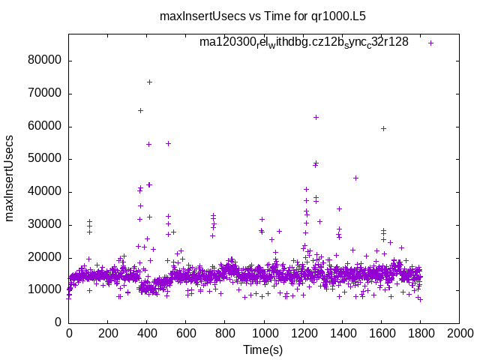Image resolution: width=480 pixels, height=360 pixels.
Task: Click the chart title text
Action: tap(262, 15)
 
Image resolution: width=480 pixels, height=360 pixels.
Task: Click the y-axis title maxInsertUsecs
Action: tap(10, 178)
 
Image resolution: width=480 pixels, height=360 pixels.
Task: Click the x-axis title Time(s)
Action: tap(263, 349)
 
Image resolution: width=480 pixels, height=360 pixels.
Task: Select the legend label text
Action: tap(304, 42)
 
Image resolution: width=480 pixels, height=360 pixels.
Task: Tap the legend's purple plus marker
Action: tap(430, 43)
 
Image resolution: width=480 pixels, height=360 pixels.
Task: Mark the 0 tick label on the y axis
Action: tap(58, 322)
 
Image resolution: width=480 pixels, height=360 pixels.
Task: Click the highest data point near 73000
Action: tap(149, 82)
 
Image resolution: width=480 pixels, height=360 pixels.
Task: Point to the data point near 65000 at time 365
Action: tap(140, 110)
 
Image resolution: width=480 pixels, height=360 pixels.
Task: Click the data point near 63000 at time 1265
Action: tap(316, 117)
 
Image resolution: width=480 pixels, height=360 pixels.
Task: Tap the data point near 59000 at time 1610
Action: tap(383, 128)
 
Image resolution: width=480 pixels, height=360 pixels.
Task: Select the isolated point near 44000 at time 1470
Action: tap(355, 178)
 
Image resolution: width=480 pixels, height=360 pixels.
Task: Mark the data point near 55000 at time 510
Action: tap(168, 143)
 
